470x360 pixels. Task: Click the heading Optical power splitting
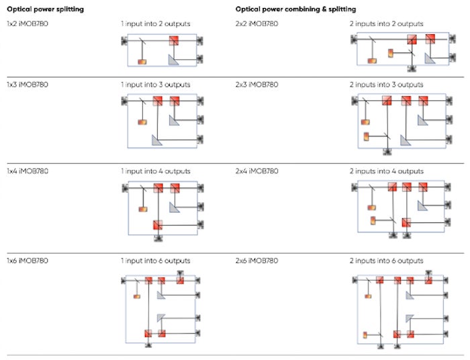tap(44, 9)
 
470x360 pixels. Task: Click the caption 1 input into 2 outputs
tap(155, 24)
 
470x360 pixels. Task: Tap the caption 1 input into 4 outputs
tap(155, 171)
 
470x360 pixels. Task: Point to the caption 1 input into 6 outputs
tap(155, 261)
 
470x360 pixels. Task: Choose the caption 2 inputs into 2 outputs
tap(386, 24)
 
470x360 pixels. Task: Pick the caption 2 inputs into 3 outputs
tap(386, 85)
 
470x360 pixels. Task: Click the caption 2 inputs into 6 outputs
tap(386, 261)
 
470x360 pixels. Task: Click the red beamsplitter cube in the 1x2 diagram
tap(174, 41)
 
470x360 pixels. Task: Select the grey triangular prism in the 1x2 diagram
tap(173, 60)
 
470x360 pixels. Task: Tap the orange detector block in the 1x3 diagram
tap(142, 122)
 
